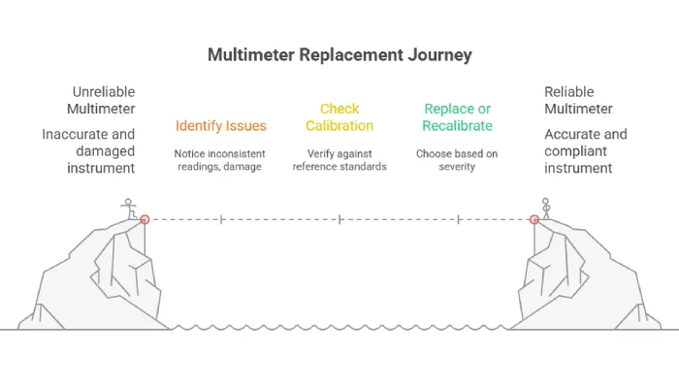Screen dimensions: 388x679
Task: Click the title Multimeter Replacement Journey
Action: coord(339,54)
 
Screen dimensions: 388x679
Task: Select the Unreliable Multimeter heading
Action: coord(101,100)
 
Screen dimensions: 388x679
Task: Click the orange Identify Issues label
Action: coord(220,125)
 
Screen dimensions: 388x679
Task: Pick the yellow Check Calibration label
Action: coord(339,117)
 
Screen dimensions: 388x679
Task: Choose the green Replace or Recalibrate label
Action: coord(458,117)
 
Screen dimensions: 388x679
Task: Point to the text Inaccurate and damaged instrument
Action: coord(88,150)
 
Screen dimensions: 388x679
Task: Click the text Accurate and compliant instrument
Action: coord(585,150)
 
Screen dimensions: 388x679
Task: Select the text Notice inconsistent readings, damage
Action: coord(220,160)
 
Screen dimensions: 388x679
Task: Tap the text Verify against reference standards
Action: coord(339,160)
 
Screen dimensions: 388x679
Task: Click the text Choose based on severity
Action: coord(458,160)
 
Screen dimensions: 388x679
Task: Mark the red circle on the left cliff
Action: coord(145,219)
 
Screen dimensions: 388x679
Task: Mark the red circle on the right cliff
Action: coord(534,219)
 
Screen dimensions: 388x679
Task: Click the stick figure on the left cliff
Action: coord(127,208)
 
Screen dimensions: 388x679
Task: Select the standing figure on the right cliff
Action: coord(545,208)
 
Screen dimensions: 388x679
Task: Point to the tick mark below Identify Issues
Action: coord(221,219)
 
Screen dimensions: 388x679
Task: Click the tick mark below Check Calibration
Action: coord(339,219)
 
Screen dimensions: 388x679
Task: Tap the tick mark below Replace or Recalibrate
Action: coord(458,219)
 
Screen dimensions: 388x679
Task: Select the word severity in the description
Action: coord(458,167)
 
